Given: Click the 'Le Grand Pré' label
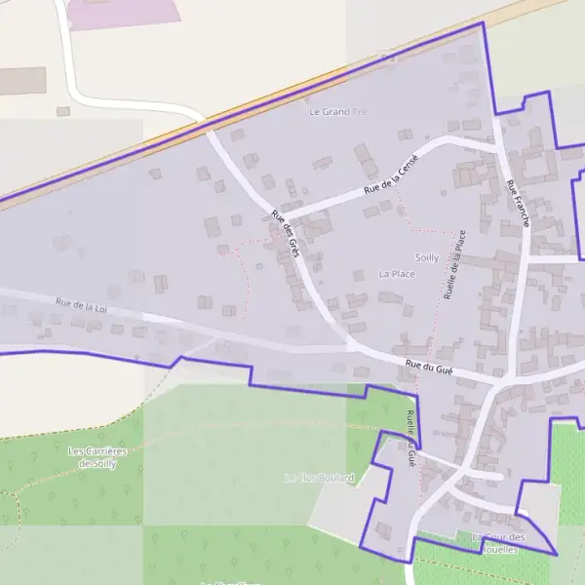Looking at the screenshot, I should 337,112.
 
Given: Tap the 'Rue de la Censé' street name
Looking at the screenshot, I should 391,173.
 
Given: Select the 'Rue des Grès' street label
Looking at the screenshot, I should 285,233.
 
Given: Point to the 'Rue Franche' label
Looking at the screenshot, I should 517,203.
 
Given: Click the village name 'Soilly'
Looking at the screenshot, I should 427,257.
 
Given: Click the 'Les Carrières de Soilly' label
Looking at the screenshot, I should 97,457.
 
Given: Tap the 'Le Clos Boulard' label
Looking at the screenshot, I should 319,478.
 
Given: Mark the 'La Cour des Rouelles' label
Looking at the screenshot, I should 497,543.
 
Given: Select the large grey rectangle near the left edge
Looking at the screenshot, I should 21,80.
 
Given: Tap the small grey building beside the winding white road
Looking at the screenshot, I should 63,111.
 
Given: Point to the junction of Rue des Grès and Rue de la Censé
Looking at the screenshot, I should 282,214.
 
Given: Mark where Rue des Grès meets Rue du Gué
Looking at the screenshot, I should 351,344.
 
